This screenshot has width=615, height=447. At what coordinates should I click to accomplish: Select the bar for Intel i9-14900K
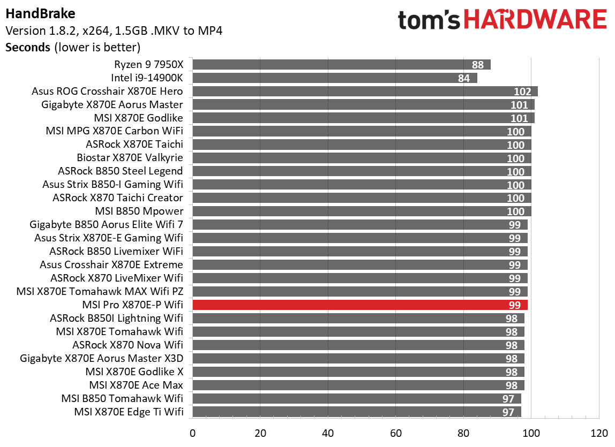334,78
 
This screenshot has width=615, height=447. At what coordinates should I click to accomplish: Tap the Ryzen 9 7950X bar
341,65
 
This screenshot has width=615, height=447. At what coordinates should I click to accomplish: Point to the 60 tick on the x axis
395,433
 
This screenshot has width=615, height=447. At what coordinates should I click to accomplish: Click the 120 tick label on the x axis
598,433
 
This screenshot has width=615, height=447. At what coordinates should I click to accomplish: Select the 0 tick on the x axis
192,433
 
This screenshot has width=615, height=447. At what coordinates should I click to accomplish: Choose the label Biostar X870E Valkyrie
130,158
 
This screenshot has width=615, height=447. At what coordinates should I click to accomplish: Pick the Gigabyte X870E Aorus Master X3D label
101,358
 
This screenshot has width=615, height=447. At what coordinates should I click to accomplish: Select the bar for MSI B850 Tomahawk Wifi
356,398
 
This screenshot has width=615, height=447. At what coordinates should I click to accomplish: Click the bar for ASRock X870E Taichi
362,145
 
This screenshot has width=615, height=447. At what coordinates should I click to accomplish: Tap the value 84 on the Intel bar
463,78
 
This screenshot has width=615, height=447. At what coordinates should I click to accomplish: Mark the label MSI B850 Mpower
139,211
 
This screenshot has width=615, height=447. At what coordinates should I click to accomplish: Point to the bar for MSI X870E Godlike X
358,372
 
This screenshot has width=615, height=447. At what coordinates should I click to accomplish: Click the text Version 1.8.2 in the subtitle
44,31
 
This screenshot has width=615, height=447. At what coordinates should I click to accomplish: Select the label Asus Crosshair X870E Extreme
111,265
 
